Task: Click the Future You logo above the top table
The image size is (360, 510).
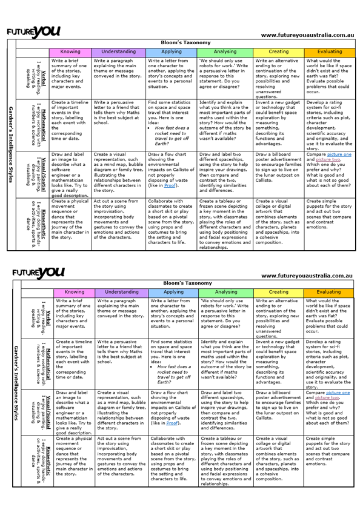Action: (x=39, y=30)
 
